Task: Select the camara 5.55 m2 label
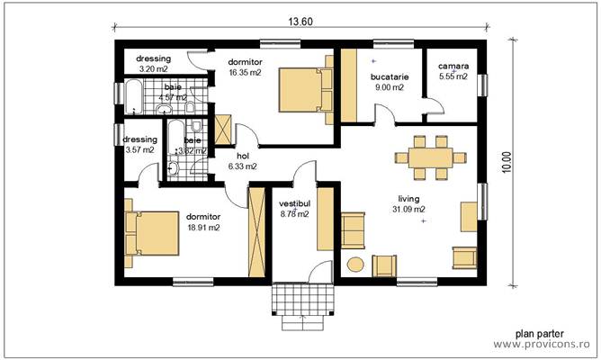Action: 453,72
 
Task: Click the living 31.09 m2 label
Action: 408,204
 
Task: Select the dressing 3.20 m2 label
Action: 141,63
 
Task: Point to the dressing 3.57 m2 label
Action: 139,145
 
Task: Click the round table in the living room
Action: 354,265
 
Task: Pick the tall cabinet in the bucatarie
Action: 347,86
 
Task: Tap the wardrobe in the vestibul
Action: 325,218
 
